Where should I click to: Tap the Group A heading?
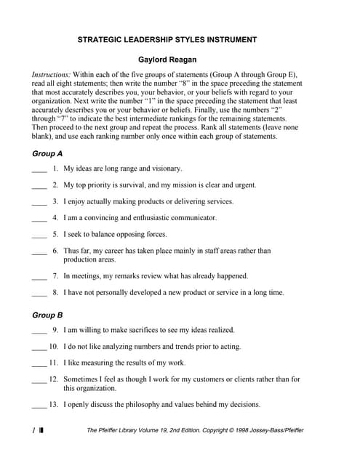coord(48,154)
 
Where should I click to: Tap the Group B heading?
coord(48,315)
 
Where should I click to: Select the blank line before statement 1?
coord(39,170)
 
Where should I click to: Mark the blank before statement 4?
coord(39,219)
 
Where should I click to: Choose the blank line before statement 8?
coord(39,294)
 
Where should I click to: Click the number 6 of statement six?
coord(55,251)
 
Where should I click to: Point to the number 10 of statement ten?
coord(53,347)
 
